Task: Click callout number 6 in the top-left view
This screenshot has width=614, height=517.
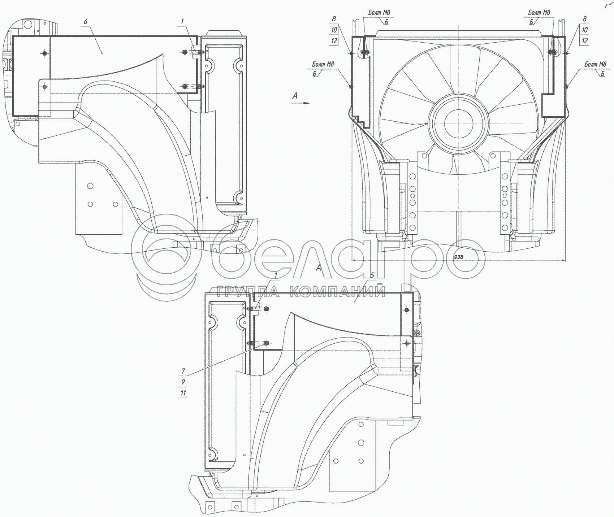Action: click(86, 22)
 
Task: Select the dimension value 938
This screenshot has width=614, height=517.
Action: click(458, 257)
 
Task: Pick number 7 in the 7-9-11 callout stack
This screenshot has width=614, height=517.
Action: click(183, 371)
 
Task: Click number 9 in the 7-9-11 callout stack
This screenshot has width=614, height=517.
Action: click(183, 382)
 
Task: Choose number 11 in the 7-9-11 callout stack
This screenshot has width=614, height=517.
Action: click(183, 393)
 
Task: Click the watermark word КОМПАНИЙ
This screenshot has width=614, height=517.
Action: click(338, 292)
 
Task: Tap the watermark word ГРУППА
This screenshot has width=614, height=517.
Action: click(248, 292)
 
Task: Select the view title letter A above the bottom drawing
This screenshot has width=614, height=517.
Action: click(318, 268)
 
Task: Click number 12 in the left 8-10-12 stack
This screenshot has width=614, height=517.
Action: click(334, 41)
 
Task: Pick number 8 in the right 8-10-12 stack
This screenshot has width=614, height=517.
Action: click(585, 19)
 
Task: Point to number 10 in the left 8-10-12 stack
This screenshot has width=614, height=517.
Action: click(334, 30)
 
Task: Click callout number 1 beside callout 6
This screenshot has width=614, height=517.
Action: click(182, 22)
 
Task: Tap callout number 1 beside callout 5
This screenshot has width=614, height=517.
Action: click(276, 275)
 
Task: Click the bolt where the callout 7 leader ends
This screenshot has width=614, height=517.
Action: click(266, 343)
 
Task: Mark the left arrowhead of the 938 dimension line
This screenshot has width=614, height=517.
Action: click(354, 260)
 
